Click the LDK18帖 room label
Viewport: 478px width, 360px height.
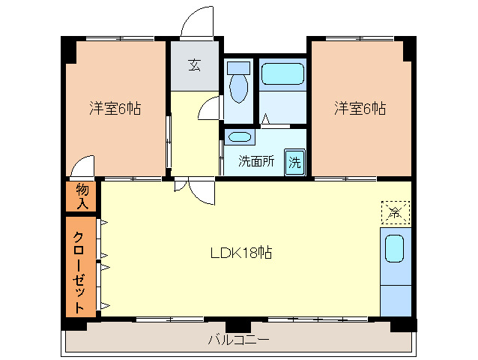(x=240, y=253)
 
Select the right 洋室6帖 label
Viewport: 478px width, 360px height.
(x=360, y=109)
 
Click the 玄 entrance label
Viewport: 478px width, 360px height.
(x=194, y=66)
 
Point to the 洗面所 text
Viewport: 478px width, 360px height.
(x=256, y=161)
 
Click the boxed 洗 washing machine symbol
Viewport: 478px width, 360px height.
(x=295, y=162)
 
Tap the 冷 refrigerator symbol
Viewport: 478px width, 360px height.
(x=396, y=211)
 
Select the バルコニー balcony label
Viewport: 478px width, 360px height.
(x=238, y=340)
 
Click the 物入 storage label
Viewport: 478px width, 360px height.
(x=82, y=196)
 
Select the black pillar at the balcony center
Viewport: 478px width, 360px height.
(x=238, y=325)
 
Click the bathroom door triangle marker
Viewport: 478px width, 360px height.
(x=265, y=118)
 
